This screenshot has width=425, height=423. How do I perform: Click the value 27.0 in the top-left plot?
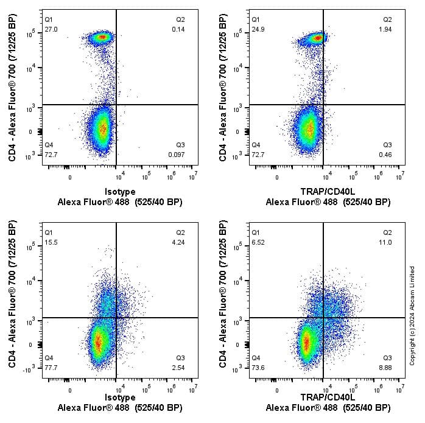pos(51,29)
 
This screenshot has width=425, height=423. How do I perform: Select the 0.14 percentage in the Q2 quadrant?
pos(178,29)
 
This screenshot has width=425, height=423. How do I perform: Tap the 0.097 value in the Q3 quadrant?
pos(177,155)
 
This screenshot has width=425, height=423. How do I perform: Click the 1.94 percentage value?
pos(386,29)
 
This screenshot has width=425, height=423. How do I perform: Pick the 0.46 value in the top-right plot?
pos(385,155)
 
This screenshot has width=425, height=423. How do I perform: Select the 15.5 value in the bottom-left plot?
pos(51,242)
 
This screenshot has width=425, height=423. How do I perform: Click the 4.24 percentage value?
pos(178,242)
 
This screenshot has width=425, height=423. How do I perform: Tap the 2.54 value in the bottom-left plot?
pos(178,368)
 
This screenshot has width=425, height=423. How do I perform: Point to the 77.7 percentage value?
pos(51,368)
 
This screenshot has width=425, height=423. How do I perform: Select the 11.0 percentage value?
pos(386,242)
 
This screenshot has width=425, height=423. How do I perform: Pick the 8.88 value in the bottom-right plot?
pos(385,368)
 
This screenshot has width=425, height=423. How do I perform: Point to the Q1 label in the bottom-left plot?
pos(49,232)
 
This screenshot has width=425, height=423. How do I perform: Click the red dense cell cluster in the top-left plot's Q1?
pos(102,37)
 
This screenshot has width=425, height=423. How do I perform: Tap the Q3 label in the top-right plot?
pos(387,145)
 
